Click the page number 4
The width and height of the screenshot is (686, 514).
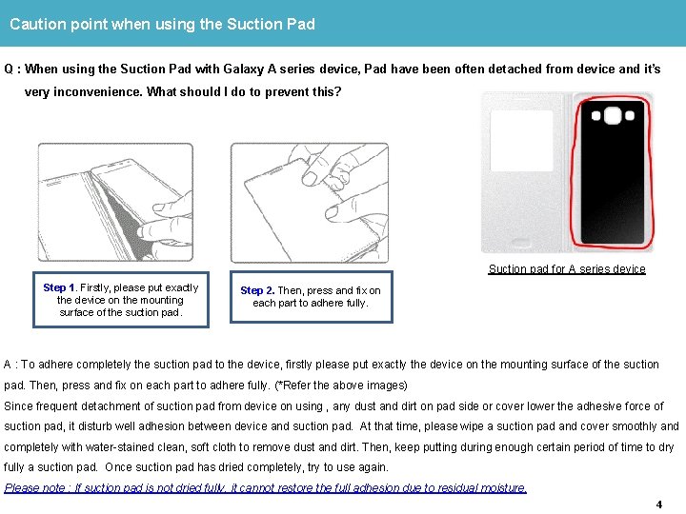point(659,504)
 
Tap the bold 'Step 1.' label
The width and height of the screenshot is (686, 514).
point(60,287)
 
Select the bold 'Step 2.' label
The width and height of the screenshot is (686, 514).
point(257,290)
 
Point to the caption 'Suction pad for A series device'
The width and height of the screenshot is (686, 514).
point(567,269)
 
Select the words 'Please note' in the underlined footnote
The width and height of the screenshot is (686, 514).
point(36,488)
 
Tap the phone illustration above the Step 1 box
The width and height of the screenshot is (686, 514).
point(113,202)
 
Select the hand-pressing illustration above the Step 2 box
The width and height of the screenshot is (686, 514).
point(310,202)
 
